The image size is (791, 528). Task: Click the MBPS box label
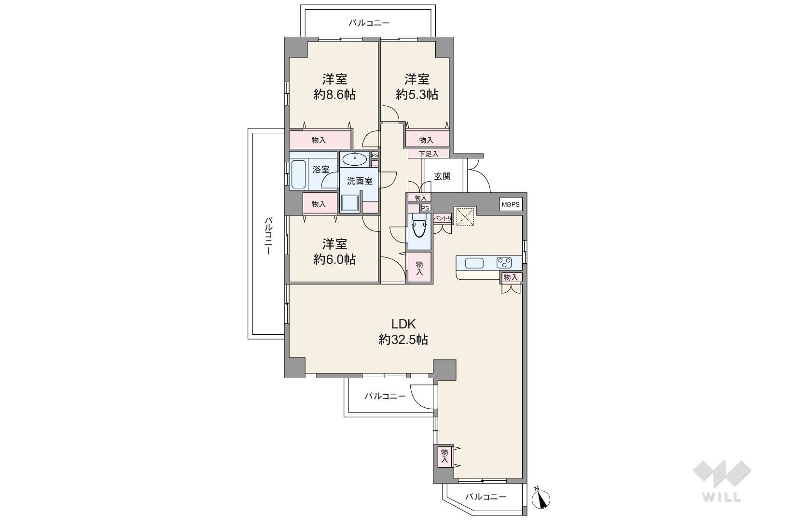click(x=511, y=204)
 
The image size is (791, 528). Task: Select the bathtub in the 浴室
click(x=299, y=174)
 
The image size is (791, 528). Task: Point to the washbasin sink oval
click(x=355, y=159)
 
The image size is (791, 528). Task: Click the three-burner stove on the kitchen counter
click(x=504, y=263)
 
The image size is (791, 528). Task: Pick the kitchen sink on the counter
click(x=474, y=263)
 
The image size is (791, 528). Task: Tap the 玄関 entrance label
click(x=442, y=176)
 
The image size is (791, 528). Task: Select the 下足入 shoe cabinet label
click(x=429, y=154)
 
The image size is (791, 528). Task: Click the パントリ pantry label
click(x=443, y=218)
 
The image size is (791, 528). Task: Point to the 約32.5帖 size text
click(x=403, y=340)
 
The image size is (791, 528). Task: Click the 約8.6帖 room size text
click(x=334, y=94)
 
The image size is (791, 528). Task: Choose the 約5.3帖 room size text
click(x=416, y=94)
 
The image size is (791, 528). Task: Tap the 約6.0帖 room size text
click(x=334, y=259)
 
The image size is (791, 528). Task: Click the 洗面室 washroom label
click(x=360, y=181)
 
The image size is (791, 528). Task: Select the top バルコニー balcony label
click(x=369, y=23)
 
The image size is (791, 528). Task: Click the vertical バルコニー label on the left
click(x=268, y=236)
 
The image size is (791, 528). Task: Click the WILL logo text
click(x=722, y=497)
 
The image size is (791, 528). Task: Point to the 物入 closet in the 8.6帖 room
click(x=319, y=140)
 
